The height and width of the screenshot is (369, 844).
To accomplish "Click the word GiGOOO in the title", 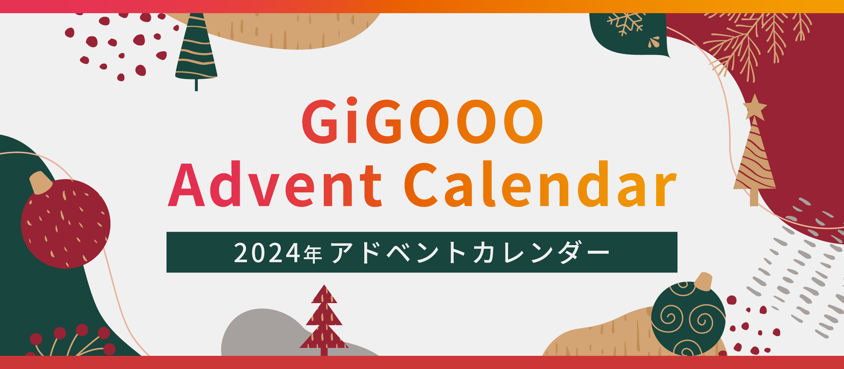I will coord(422,121).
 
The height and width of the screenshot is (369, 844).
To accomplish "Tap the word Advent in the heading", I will coord(274,184).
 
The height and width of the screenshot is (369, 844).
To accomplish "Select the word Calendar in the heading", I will coord(541,184).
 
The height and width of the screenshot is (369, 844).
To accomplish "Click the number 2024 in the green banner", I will coord(267,253).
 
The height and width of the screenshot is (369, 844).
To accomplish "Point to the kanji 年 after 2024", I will coord(313,254).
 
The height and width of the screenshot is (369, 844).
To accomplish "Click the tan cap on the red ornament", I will coord(40,182).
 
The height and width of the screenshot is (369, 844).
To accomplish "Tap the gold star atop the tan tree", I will coord(754,107).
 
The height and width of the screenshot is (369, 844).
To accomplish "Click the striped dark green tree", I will coord(196,49).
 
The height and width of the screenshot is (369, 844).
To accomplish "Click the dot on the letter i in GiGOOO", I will coord(352,101).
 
